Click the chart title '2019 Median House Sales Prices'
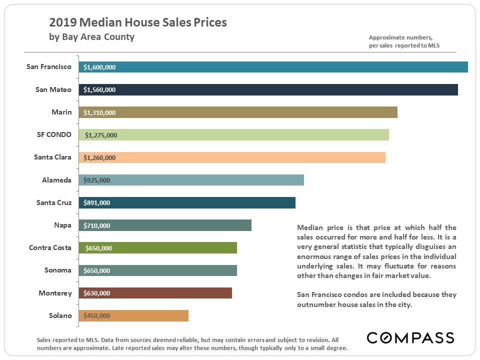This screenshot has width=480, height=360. (137, 22)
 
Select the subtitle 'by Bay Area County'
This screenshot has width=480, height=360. (91, 37)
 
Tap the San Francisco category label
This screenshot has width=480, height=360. (49, 66)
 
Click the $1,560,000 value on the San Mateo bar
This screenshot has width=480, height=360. (99, 90)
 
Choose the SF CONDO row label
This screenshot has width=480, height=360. (54, 134)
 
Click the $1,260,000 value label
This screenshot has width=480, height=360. (99, 157)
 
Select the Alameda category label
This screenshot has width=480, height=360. (56, 180)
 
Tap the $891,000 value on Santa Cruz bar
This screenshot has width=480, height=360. (97, 203)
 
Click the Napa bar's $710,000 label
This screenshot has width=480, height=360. (97, 225)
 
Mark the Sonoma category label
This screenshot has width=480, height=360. (57, 270)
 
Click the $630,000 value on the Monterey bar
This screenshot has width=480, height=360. (97, 293)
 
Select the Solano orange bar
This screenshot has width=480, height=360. (150, 315)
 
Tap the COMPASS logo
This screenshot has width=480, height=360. (410, 337)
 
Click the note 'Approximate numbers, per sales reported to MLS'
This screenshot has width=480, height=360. (404, 41)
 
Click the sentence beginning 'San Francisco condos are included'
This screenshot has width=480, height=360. (376, 299)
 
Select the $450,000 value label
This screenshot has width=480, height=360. (97, 315)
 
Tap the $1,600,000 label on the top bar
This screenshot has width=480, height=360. (99, 67)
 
